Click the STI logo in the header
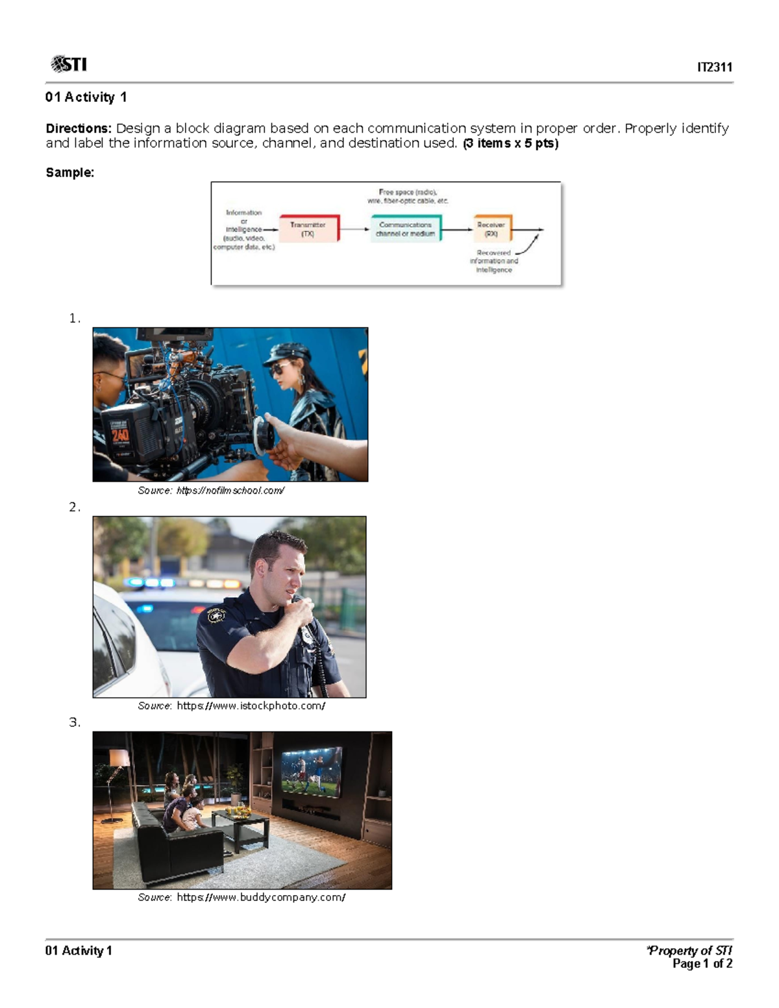coord(68,64)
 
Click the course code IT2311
coord(714,67)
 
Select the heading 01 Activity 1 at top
coord(86,97)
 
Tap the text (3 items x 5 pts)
coord(510,143)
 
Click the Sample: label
coord(69,173)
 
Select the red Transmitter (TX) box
coord(308,229)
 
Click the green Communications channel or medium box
coord(406,229)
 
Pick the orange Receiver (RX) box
coord(491,229)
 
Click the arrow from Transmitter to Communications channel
coord(354,229)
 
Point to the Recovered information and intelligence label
coord(494,262)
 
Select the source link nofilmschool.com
coord(230,491)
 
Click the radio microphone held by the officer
coord(303,607)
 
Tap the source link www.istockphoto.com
coord(251,706)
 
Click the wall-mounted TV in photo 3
coord(311,771)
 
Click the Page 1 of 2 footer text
coord(702,964)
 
